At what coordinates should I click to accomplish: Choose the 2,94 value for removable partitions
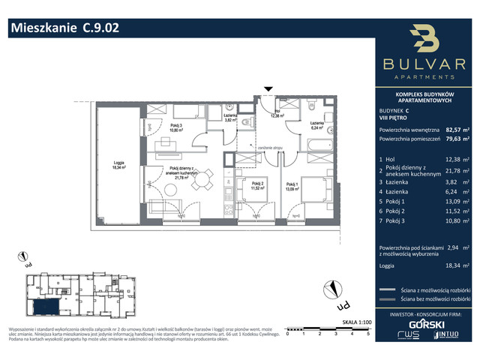tap(454, 245)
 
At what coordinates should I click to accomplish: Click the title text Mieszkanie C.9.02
tap(64, 28)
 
